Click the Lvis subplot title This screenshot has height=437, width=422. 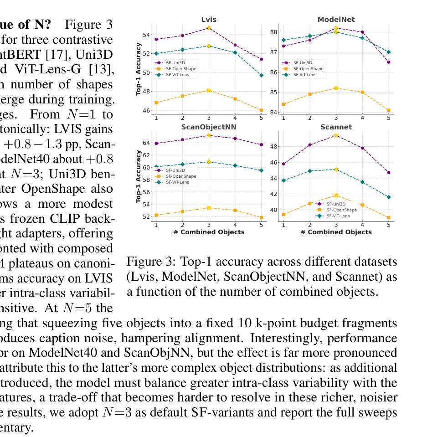click(x=209, y=20)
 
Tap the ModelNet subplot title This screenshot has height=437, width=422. click(x=336, y=20)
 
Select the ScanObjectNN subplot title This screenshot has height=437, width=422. click(x=209, y=127)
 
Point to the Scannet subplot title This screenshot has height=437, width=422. click(x=336, y=127)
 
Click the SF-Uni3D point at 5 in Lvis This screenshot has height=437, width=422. click(x=261, y=59)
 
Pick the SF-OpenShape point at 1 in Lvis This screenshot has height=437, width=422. click(x=156, y=103)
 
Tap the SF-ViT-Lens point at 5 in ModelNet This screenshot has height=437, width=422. click(x=389, y=52)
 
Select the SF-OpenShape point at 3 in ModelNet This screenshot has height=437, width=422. click(x=336, y=88)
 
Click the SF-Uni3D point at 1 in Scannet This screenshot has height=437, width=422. click(x=283, y=164)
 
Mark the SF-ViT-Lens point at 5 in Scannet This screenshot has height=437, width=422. click(x=389, y=197)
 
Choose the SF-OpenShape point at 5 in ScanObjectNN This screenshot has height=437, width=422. click(x=261, y=217)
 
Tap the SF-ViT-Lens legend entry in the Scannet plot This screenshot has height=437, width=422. click(x=335, y=216)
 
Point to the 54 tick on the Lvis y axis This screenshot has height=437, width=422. click(x=146, y=35)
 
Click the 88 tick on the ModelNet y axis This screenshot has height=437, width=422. click(x=273, y=32)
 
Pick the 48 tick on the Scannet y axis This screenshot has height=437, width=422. click(x=273, y=147)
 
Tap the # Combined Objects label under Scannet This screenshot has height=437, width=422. click(x=336, y=232)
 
